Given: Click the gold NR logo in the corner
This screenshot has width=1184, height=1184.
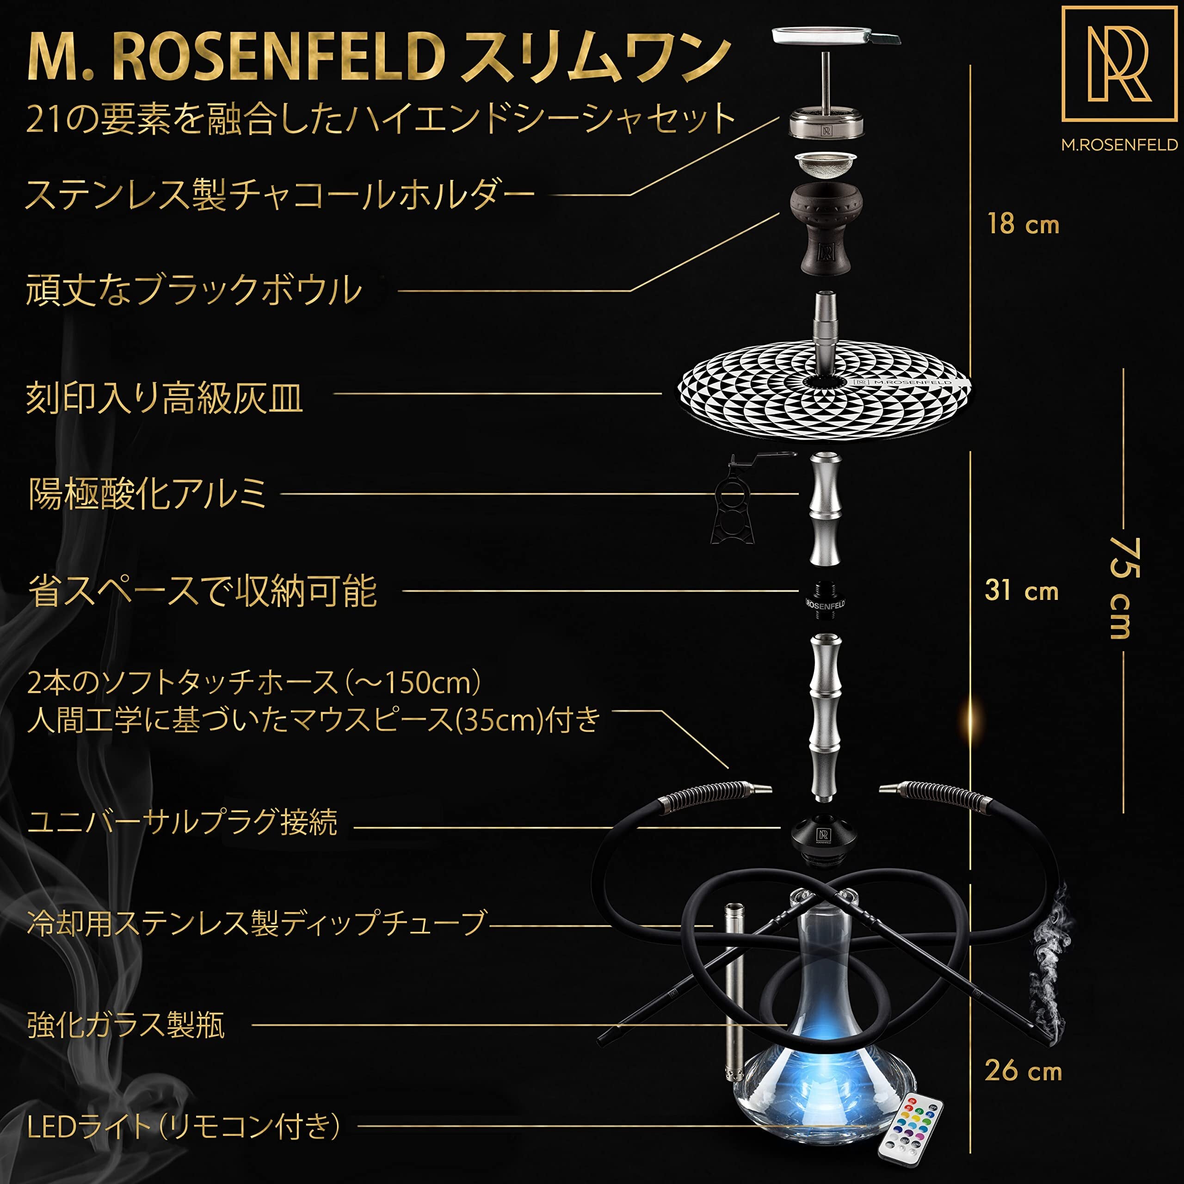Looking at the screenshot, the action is tap(1119, 64).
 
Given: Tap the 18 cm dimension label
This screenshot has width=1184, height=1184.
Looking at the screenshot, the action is tap(1023, 224).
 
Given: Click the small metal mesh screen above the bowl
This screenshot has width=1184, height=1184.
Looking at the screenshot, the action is tap(826, 164).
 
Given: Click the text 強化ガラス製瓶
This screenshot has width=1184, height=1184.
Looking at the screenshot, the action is tap(126, 1024).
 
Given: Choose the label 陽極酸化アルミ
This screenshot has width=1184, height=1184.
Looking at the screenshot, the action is tap(147, 494).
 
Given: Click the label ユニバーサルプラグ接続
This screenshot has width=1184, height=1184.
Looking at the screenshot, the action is tap(182, 822).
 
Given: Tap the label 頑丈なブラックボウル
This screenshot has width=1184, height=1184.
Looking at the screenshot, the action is tap(194, 290).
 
